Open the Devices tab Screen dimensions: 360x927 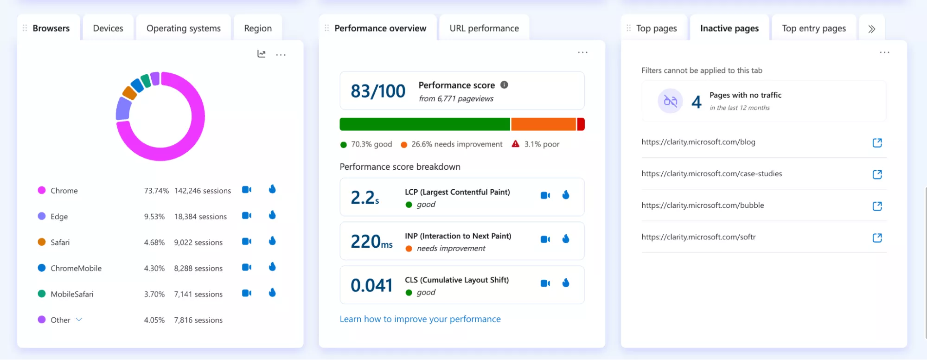point(108,28)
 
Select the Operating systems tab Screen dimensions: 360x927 point(184,28)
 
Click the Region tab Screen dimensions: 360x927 point(258,28)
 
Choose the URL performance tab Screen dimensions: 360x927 point(484,28)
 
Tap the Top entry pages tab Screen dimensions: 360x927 point(814,28)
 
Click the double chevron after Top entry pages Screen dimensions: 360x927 point(872,29)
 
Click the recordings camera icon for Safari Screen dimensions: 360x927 point(247,242)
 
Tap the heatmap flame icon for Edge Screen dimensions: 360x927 point(272,215)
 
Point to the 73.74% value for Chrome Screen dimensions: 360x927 point(156,191)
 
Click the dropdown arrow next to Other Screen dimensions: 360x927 point(79,320)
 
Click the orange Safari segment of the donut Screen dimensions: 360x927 point(129,93)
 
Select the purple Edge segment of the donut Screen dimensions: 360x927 point(123,109)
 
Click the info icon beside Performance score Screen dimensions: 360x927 point(504,85)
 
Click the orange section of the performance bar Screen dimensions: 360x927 point(543,124)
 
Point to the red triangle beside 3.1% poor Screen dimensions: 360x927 point(515,144)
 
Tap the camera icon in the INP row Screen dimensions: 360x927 point(545,239)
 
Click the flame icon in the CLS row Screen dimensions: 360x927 point(566,283)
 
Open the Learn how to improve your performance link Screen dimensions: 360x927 point(420,319)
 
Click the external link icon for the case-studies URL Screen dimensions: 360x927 point(877,174)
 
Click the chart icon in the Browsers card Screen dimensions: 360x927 point(262,54)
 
